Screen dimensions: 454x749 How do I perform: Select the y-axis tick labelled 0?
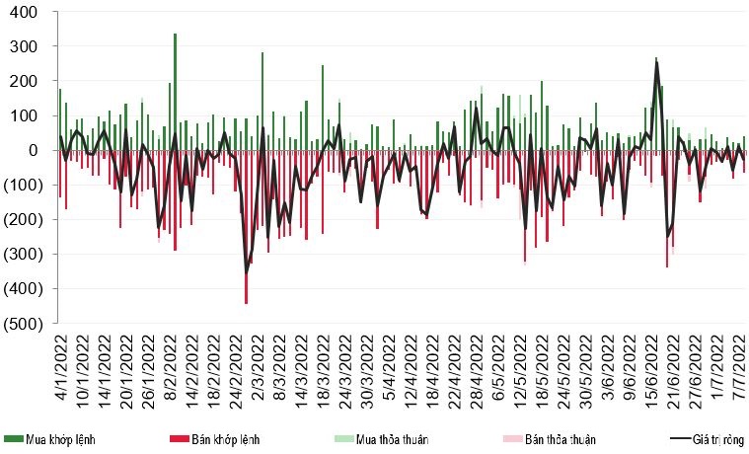click(x=32, y=151)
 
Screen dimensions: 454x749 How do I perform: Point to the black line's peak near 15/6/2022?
click(x=657, y=63)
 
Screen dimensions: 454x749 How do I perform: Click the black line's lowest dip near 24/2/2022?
click(x=247, y=271)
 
